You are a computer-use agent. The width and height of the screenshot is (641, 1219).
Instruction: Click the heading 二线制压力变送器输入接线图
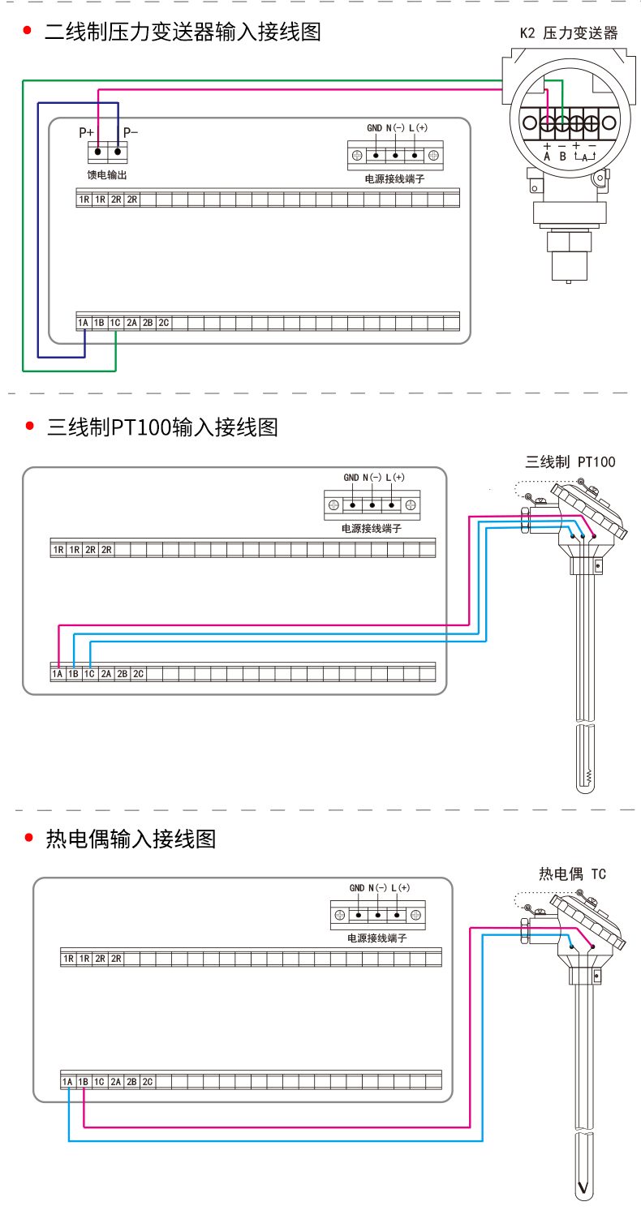pos(183,32)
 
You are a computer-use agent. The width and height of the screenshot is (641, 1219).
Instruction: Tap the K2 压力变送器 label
pos(569,33)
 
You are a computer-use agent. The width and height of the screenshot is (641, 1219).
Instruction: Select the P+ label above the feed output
pos(86,131)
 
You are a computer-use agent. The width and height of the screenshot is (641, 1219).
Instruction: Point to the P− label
pos(131,131)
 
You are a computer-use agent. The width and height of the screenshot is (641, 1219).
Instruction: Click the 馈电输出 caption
pos(107,174)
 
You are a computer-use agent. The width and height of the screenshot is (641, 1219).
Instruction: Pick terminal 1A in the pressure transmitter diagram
pos(83,323)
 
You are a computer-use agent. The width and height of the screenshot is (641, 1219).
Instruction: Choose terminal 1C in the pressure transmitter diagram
pos(115,323)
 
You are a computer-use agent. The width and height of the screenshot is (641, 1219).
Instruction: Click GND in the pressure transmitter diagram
pos(374,128)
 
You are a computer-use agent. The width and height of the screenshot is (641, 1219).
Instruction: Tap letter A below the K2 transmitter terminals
pos(547,156)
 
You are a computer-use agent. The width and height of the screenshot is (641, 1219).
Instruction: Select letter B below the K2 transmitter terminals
pos(562,156)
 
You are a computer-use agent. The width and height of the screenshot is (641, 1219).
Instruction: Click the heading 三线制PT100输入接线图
pos(162,427)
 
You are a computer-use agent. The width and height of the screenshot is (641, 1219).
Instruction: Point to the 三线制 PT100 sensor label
pos(570,462)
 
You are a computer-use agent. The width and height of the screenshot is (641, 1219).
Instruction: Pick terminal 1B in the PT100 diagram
pos(73,674)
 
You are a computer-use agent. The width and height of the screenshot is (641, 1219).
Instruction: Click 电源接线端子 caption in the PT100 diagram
pos(372,528)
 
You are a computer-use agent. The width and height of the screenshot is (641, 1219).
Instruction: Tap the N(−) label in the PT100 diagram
pos(373,478)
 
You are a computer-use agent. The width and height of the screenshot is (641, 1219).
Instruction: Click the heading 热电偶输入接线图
pos(131,839)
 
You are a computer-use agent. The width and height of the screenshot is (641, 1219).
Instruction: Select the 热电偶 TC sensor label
pos(573,873)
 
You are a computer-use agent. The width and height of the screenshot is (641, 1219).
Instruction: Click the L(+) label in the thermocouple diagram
pos(401,888)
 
